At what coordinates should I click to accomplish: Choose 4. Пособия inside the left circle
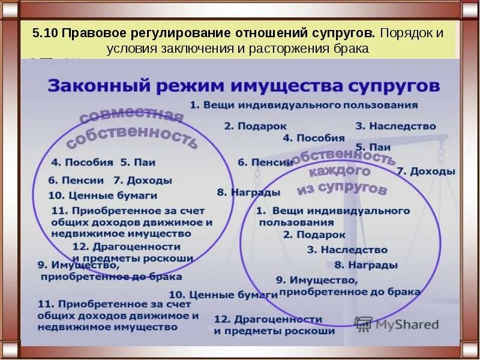[x=82, y=161]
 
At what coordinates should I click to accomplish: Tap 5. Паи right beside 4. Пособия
[x=139, y=161]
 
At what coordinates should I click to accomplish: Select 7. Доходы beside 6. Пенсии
[x=142, y=180]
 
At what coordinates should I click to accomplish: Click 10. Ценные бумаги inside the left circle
[x=103, y=195]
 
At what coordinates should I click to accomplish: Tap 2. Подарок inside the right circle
[x=314, y=235]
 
